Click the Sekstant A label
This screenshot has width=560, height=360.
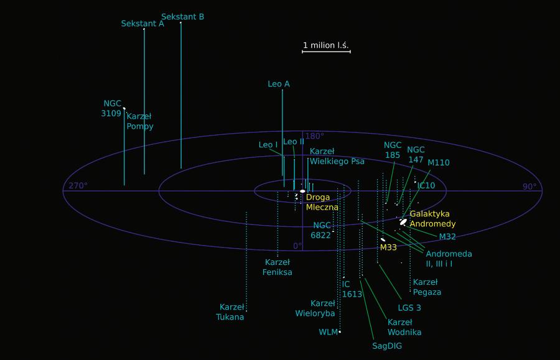tap(142, 24)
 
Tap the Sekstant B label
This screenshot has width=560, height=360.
tap(182, 17)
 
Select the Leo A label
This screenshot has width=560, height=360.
tap(278, 84)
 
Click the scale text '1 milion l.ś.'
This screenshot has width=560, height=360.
tap(326, 45)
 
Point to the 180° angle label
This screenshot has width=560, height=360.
tap(315, 136)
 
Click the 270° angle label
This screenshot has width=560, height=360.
tap(78, 186)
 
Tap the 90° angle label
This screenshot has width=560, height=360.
tap(529, 186)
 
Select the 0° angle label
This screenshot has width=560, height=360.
tap(297, 246)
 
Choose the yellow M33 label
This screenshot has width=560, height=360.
tap(388, 247)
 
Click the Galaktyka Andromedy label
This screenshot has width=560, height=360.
tap(432, 219)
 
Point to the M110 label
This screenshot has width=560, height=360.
tap(438, 163)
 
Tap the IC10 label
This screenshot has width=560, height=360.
tap(426, 185)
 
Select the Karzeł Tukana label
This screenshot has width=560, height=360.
tap(230, 312)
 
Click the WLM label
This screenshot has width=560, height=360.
tap(328, 332)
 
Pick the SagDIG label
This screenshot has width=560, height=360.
tap(387, 346)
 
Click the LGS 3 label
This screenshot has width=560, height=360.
tap(409, 307)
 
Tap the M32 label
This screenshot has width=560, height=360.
tap(447, 236)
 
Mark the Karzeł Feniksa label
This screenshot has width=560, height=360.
tap(278, 267)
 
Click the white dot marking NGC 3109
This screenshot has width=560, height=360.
tap(124, 108)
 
